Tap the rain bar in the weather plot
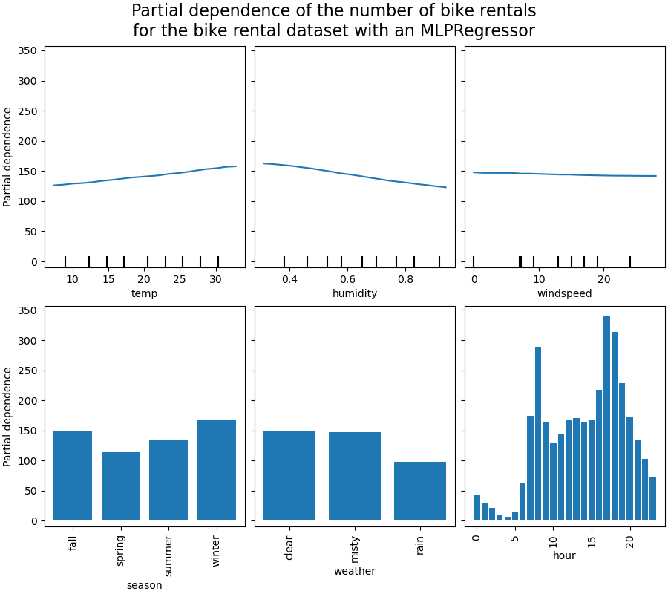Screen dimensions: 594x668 point(420,491)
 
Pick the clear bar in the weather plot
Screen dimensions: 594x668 point(289,475)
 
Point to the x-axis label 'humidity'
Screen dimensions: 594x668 point(355,293)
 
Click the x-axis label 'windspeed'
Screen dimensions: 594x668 point(564,293)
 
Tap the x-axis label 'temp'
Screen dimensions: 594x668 point(144,293)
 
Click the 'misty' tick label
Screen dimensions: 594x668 point(355,551)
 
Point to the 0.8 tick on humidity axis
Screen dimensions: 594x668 point(405,279)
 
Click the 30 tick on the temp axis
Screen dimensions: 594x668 point(215,279)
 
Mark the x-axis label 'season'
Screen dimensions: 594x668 point(144,585)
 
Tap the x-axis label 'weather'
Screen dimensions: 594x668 point(355,571)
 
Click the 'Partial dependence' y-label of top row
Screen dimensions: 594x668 point(7,157)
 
